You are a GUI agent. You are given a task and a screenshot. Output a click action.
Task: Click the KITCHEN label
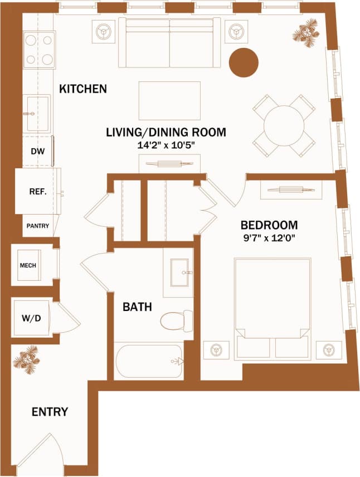83,89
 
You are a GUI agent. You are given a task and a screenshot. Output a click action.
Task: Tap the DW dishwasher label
37,151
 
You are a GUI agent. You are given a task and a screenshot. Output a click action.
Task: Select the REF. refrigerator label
37,191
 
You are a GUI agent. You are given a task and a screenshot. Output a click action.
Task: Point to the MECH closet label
28,265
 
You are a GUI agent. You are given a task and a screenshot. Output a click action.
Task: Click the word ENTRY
50,412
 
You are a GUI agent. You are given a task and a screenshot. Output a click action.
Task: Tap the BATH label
137,306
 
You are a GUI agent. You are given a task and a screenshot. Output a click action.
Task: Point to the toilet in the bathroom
175,320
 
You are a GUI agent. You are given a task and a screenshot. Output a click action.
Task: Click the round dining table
284,126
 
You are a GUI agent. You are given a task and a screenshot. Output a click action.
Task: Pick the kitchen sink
37,113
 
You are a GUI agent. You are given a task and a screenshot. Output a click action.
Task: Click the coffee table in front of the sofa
169,100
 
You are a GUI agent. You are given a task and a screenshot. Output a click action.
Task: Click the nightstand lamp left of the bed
215,350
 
